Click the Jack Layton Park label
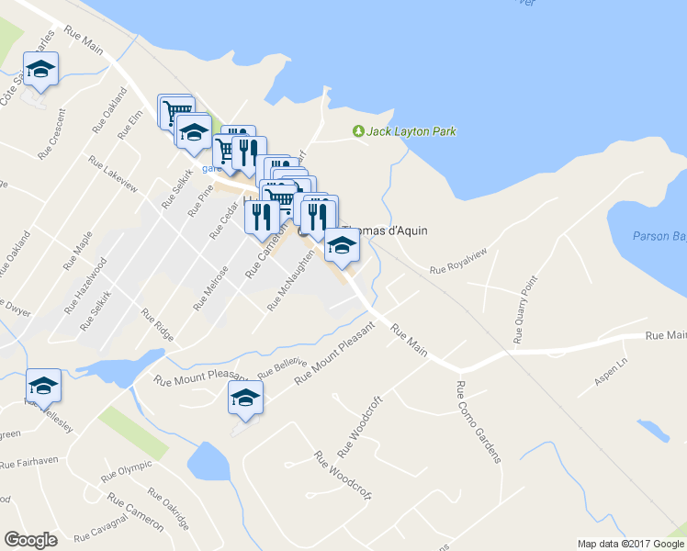pos(411,131)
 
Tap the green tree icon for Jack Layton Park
pos(358,131)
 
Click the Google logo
pos(30,539)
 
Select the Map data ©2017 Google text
pos(630,544)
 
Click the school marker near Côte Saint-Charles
pos(41,71)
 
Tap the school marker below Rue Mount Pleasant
pos(245,398)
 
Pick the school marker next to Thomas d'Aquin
pos(342,246)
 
